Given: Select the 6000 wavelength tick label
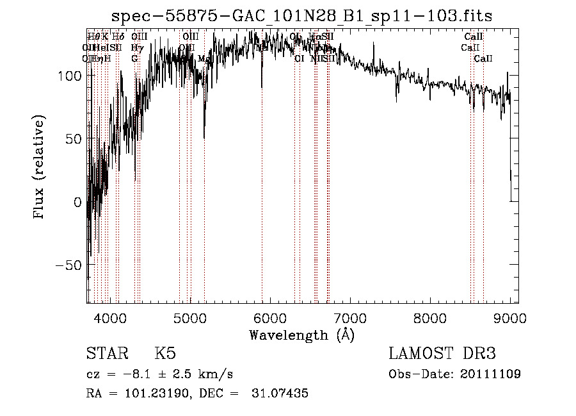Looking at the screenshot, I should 270,317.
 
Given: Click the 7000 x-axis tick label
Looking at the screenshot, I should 350,317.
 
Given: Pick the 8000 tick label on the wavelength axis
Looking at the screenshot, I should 430,317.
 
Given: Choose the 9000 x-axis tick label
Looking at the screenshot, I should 510,317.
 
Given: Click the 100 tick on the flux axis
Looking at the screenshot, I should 69,76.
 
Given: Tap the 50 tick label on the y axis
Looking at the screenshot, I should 74,138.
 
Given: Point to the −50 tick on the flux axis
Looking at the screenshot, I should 69,265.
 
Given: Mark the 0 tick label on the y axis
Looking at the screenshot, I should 78,202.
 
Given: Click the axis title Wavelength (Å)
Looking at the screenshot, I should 301,335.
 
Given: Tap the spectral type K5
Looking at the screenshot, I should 165,354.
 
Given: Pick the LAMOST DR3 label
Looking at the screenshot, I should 442,354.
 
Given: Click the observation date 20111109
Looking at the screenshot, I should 492,374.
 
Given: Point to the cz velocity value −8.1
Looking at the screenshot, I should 144,374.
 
